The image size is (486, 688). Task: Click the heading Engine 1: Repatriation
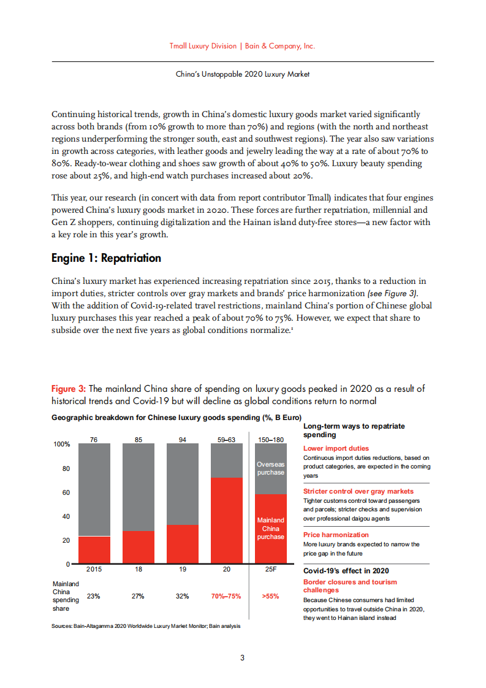106,258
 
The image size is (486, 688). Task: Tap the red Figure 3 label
69,389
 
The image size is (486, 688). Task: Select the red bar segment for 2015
94,550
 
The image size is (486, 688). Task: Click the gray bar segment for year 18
139,487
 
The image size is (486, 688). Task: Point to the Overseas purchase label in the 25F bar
270,468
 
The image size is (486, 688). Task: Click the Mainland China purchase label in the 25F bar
270,528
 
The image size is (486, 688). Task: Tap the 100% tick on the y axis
62,444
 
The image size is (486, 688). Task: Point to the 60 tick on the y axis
66,492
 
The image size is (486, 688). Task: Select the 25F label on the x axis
270,570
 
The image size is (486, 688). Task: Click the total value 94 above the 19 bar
183,439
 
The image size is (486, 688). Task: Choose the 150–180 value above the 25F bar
270,439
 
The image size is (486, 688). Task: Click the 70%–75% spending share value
226,596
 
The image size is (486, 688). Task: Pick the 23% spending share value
94,596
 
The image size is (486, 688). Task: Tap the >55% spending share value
270,596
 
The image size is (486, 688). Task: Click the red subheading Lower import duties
336,448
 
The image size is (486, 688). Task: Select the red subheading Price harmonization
336,535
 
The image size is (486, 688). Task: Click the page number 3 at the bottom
243,658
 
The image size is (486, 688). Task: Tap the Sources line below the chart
146,626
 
